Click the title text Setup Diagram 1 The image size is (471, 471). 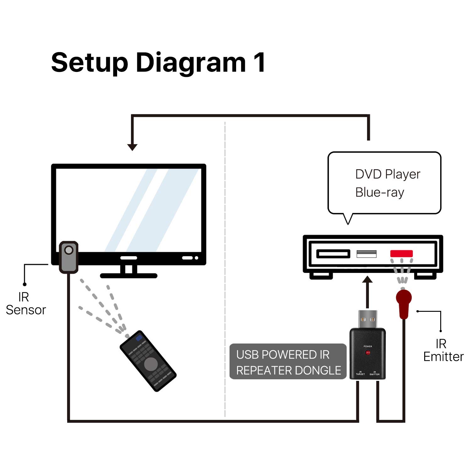[x=158, y=63]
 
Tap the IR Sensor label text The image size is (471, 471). [x=26, y=304]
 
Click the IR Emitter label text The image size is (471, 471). [x=443, y=350]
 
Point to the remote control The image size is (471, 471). [x=148, y=361]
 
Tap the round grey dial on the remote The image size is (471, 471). [x=151, y=364]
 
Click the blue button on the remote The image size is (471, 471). [x=138, y=338]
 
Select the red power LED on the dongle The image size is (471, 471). [x=368, y=353]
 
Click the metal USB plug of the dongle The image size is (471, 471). [x=368, y=319]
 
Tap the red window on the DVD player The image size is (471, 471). [x=401, y=253]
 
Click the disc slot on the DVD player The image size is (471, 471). [x=333, y=254]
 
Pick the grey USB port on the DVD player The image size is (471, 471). [x=366, y=254]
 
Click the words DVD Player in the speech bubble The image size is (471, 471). [x=387, y=174]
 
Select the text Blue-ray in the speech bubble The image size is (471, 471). [x=380, y=192]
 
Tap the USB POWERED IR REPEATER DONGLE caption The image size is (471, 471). [x=288, y=362]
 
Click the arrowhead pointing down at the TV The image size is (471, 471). [x=132, y=147]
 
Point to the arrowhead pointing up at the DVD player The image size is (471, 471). [x=367, y=279]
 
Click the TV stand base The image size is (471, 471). [x=129, y=276]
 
